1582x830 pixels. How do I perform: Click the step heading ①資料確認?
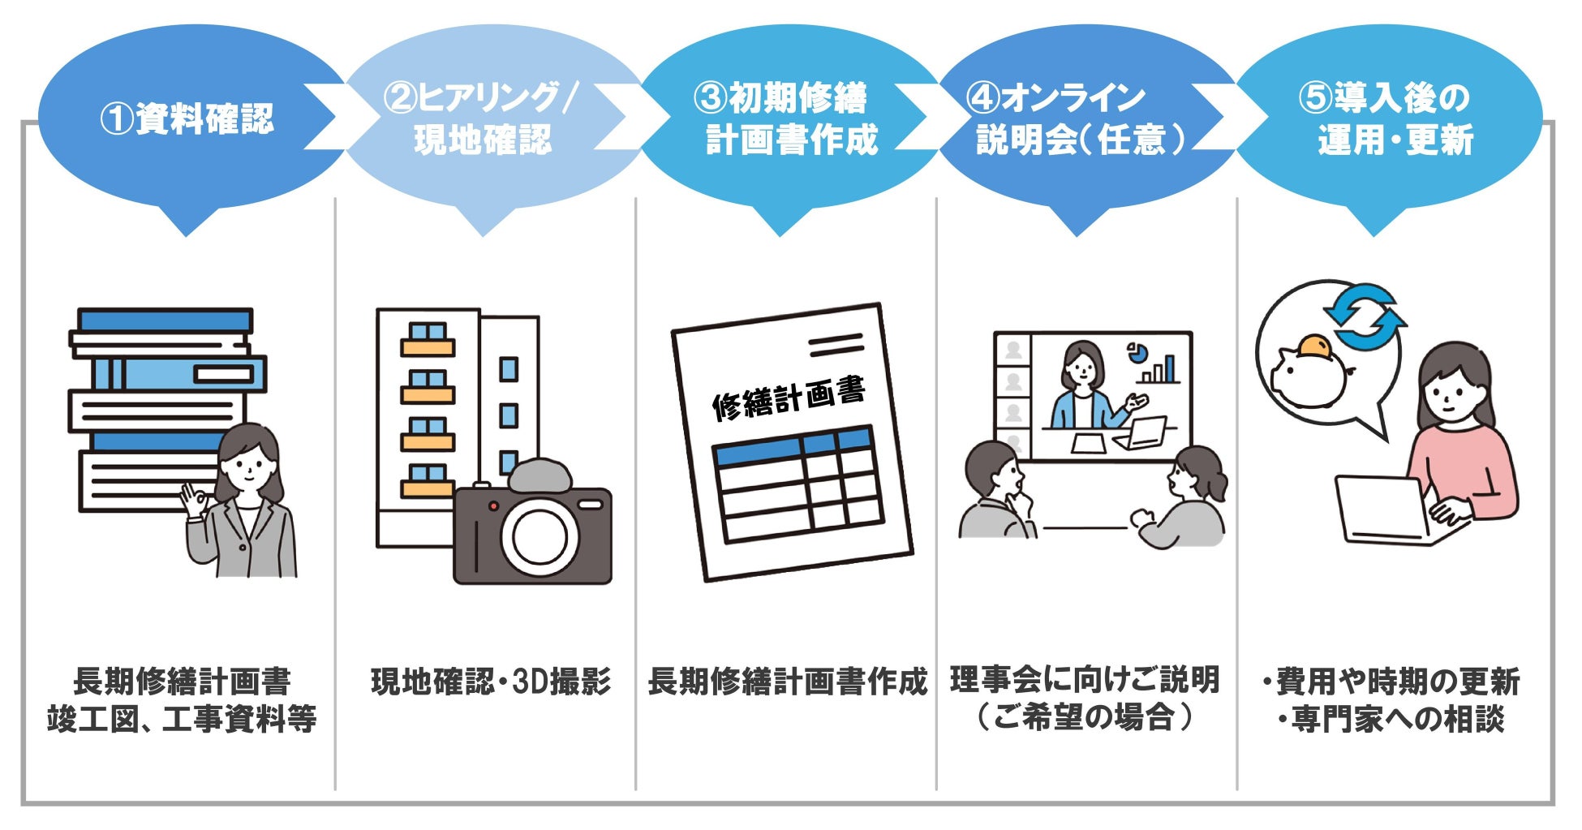[x=187, y=118]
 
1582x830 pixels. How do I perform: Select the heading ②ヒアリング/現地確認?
[x=482, y=118]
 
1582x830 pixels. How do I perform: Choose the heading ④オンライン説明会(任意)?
[x=1079, y=118]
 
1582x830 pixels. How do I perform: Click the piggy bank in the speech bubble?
[x=1308, y=373]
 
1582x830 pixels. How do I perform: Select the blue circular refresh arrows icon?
[x=1365, y=316]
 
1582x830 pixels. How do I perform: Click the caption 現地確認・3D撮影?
[x=491, y=682]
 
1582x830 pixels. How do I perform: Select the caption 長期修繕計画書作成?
[x=787, y=682]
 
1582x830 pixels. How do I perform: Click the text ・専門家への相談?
[x=1391, y=720]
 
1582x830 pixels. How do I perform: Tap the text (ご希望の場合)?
[x=1085, y=718]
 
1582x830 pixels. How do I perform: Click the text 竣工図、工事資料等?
[x=182, y=720]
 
